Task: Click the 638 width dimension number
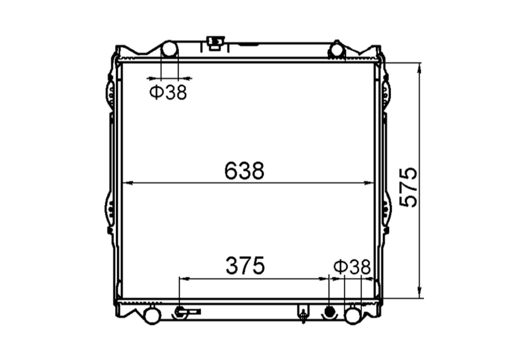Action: point(244,171)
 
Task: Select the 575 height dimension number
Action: point(409,187)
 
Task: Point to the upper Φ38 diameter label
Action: point(168,93)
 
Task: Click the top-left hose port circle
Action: point(169,50)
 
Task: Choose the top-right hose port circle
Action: point(337,50)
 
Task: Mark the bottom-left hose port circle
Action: point(152,315)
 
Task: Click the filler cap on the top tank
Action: point(215,42)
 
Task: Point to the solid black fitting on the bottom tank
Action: point(329,311)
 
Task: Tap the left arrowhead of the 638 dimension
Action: point(126,183)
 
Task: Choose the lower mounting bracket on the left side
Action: point(109,211)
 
